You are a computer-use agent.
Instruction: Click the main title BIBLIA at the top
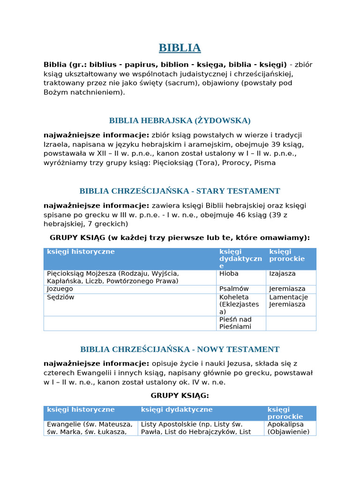point(180,48)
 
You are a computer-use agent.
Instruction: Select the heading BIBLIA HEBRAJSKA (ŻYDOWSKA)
point(180,120)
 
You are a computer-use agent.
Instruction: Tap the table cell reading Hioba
point(229,273)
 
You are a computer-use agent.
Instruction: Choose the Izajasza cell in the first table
point(282,273)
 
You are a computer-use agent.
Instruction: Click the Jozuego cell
point(60,289)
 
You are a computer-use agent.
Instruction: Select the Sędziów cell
point(60,297)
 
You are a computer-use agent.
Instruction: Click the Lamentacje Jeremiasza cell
point(288,300)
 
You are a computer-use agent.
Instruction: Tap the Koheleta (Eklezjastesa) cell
point(239,304)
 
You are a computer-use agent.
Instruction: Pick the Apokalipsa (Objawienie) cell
point(288,428)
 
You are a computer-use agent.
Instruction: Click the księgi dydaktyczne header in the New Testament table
point(177,410)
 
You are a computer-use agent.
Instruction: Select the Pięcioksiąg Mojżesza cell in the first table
point(112,277)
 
